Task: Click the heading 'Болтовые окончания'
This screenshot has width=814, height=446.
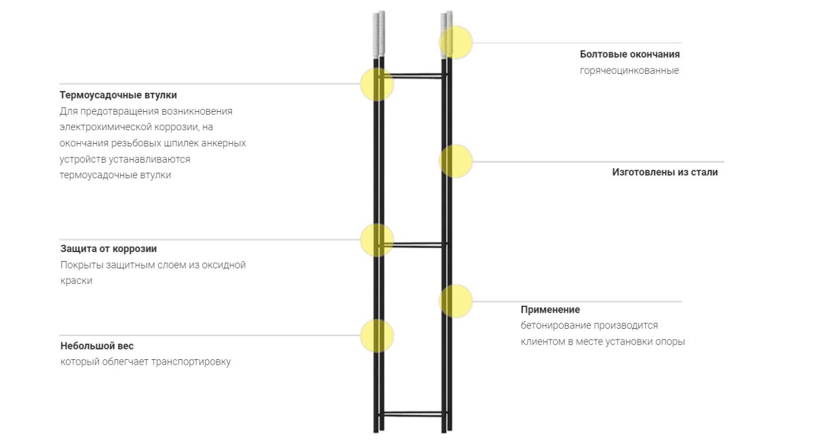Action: point(629,54)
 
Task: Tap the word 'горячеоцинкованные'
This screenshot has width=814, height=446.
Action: point(629,70)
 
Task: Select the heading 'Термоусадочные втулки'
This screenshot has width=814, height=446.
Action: point(118,95)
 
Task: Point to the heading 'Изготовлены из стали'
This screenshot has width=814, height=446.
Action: point(665,172)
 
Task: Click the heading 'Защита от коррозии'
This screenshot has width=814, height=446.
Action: point(109,249)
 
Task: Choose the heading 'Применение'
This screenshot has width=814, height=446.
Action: point(550,310)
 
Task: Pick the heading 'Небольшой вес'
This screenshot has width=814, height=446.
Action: point(97,346)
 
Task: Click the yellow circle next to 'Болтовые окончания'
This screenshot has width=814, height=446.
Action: point(456,43)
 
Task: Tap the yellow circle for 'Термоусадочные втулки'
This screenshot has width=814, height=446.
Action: point(377,84)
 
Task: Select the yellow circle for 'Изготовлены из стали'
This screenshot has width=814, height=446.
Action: point(456,161)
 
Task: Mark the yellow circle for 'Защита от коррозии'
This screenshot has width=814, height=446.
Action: point(377,239)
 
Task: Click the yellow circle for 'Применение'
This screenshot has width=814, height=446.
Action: point(456,301)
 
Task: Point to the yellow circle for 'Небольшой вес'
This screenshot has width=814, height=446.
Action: point(377,336)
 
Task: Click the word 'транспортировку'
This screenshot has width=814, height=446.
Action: point(191,362)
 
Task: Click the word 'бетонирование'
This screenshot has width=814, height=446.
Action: point(554,325)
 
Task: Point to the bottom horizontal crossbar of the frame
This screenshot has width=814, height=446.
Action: point(412,413)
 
